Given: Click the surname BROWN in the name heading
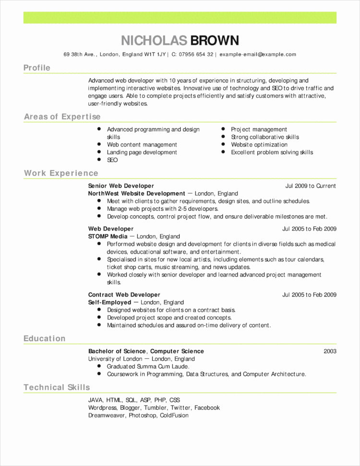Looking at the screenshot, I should click(x=215, y=40).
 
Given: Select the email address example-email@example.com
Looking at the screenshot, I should click(x=258, y=55).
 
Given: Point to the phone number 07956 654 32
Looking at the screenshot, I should click(x=196, y=55).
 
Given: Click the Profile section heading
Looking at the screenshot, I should click(x=37, y=68).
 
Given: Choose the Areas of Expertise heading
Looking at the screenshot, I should click(x=62, y=117).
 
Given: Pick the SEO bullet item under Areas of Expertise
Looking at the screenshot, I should click(x=112, y=160).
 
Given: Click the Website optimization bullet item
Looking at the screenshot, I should click(x=259, y=145).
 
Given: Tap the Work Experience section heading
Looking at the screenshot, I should click(x=61, y=173).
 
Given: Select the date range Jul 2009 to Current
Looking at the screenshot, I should click(x=311, y=186).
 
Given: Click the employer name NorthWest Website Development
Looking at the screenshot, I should click(x=136, y=194).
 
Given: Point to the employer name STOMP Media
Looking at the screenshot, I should click(x=108, y=236).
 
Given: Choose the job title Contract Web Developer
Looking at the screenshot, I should click(x=124, y=294).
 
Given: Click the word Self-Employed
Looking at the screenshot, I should click(x=109, y=303).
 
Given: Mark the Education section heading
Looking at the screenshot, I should click(x=45, y=339).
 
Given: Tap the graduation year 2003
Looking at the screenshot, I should click(x=330, y=351).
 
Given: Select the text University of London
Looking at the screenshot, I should click(x=115, y=359).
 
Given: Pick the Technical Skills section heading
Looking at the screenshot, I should click(x=57, y=387).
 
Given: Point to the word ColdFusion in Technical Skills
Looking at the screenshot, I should click(x=174, y=415).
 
